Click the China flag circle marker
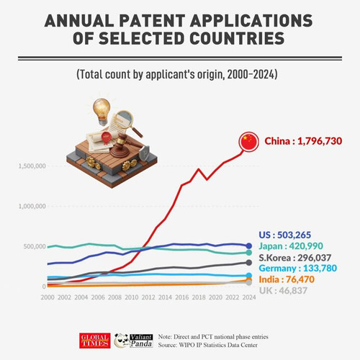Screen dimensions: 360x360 point(248,142)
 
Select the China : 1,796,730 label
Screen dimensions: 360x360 point(303,141)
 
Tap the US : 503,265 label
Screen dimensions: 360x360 point(284,235)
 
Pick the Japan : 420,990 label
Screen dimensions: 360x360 point(291,246)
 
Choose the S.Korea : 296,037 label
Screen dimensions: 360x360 point(295,258)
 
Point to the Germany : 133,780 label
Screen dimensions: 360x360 point(298,268)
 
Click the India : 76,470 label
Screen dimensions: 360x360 point(287,279)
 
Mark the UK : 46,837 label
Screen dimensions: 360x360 point(283,291)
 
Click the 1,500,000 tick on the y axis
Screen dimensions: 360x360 point(32,166)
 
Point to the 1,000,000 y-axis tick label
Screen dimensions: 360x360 point(32,206)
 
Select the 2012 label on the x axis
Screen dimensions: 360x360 point(148,297)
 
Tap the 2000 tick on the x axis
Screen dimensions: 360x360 point(48,297)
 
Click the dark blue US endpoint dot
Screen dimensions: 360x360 point(249,246)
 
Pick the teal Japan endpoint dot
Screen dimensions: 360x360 point(249,253)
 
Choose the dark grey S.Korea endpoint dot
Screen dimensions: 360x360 point(249,263)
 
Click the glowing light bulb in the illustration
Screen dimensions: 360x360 point(102,111)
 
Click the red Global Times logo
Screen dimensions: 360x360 point(95,341)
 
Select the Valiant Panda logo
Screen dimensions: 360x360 point(133,341)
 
